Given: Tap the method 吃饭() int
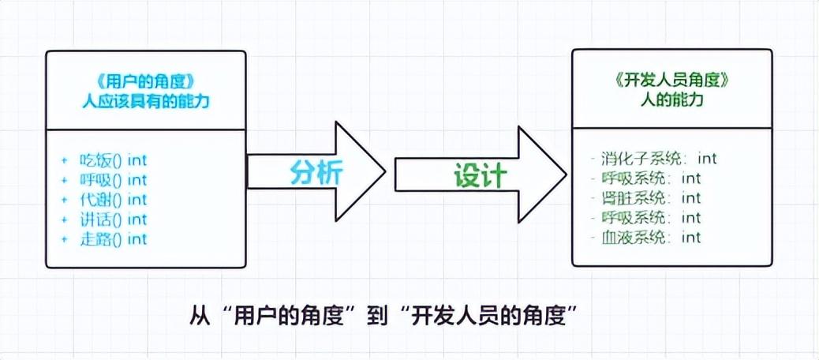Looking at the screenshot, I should coord(114,160).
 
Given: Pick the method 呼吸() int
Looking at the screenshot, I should coord(114,180).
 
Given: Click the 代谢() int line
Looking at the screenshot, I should coord(114,200).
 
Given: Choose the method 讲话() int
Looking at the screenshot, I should coord(114,219).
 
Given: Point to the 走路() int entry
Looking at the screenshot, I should coord(114,238).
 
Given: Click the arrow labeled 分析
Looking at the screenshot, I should coord(316,172).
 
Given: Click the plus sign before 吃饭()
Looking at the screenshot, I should coord(65,160).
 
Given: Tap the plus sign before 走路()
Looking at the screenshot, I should coord(65,238).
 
